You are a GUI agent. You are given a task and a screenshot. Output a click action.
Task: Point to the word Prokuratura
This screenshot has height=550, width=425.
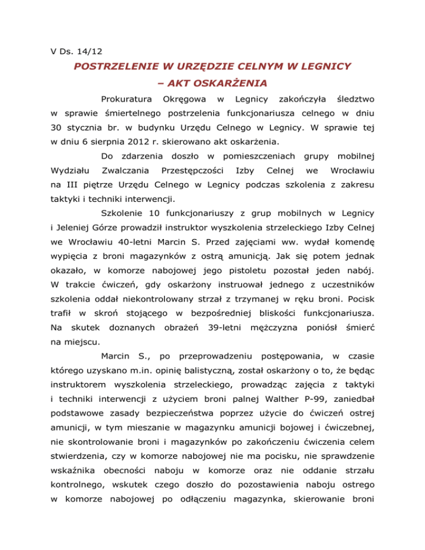click(127, 100)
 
